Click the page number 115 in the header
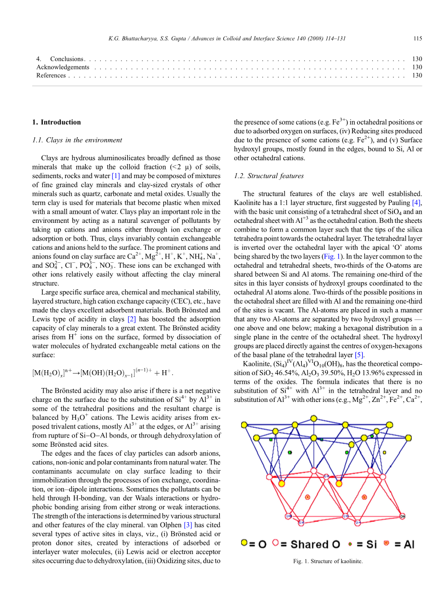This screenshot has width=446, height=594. (x=418, y=39)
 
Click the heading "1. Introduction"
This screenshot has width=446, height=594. (x=56, y=122)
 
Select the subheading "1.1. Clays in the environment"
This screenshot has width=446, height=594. (x=77, y=140)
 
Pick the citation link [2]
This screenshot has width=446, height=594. (x=132, y=319)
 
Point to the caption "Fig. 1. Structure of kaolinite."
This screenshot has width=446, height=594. (x=327, y=561)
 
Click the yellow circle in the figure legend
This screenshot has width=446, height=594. (x=244, y=543)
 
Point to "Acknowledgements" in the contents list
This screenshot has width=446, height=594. (x=63, y=67)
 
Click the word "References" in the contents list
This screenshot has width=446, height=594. (x=51, y=75)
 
